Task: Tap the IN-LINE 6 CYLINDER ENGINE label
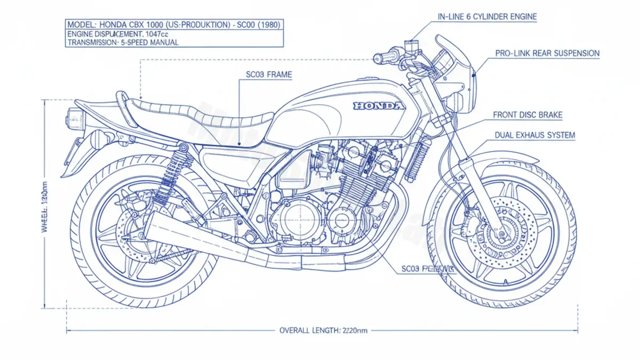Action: [487, 17]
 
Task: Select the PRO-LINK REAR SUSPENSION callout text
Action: [547, 53]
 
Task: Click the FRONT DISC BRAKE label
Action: [527, 115]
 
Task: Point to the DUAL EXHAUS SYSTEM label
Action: [534, 135]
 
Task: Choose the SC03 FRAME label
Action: [269, 75]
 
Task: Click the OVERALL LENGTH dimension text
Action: [323, 331]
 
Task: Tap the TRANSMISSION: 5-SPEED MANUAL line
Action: [123, 43]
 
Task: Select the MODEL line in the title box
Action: [175, 25]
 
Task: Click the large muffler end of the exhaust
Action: [160, 227]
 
